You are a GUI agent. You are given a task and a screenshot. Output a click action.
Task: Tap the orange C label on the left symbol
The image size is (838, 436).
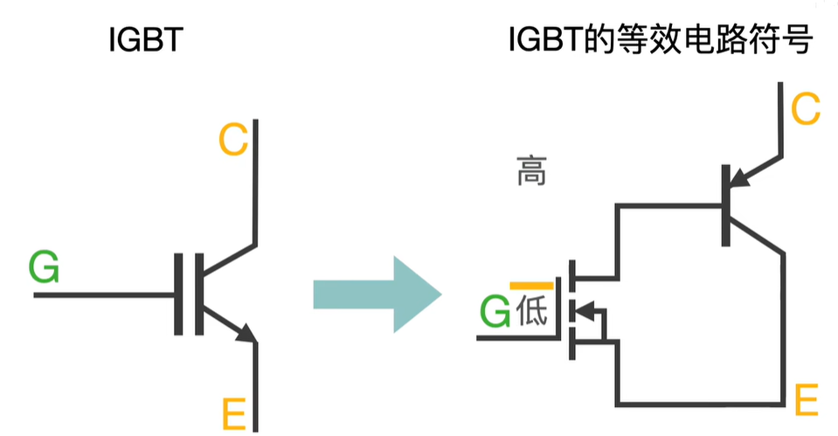[x=233, y=140]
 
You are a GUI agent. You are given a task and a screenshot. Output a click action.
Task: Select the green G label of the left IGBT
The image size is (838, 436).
[x=44, y=266]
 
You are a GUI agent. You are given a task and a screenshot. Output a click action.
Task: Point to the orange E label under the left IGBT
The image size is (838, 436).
[x=234, y=413]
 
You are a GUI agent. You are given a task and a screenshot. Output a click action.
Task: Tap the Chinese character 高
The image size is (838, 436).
[x=531, y=172]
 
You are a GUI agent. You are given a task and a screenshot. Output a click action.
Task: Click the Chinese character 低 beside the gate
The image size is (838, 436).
[x=532, y=311]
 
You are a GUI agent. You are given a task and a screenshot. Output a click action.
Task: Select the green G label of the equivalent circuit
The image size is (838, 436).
[x=495, y=312]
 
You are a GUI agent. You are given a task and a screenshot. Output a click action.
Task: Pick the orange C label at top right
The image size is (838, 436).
[x=805, y=109]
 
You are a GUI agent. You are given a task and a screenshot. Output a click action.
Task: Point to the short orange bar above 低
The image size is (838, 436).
[x=531, y=286]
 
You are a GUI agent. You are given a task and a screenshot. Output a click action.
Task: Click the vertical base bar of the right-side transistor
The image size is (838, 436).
[x=726, y=205]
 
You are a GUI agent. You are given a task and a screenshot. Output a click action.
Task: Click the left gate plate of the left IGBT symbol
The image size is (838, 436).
[x=177, y=294]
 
